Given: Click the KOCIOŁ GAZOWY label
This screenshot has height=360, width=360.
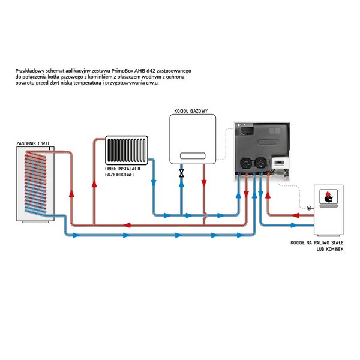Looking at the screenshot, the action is [x=191, y=111].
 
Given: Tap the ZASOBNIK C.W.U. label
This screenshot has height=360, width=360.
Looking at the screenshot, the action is [x=33, y=143].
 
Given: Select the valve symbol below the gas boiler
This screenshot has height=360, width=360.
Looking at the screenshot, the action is [x=181, y=173].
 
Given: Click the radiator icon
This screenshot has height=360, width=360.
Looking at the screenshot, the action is [x=127, y=150].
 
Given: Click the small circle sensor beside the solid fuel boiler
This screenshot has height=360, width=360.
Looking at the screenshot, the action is [x=309, y=208].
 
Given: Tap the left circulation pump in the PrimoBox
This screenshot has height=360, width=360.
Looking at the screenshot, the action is [x=247, y=163].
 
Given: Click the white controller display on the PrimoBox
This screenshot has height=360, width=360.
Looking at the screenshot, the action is [x=279, y=163].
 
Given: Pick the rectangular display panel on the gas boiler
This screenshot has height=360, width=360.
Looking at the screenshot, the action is [x=193, y=156].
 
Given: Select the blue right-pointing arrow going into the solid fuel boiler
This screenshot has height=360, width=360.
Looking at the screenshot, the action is [x=295, y=225].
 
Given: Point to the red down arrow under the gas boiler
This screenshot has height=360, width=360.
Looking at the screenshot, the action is [x=204, y=183].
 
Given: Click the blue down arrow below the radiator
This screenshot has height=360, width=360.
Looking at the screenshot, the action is [x=154, y=183].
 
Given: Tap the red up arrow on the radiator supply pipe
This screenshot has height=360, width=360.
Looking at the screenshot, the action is [x=94, y=184].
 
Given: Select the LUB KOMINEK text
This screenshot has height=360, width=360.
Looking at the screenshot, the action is [x=330, y=249].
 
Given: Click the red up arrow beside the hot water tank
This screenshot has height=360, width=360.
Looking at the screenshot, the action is [x=71, y=194].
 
